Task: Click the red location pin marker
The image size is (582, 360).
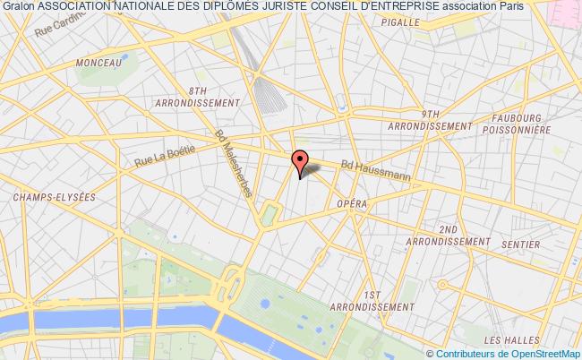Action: click(x=300, y=160)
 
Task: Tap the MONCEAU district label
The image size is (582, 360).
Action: click(x=98, y=63)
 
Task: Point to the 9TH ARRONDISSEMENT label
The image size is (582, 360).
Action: click(x=430, y=120)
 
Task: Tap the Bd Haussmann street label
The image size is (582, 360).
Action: click(x=376, y=171)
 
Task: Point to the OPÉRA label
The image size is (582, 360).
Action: click(x=353, y=203)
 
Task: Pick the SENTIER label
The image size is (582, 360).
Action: click(x=521, y=244)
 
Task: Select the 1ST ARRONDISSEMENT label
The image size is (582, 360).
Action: click(x=374, y=300)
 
